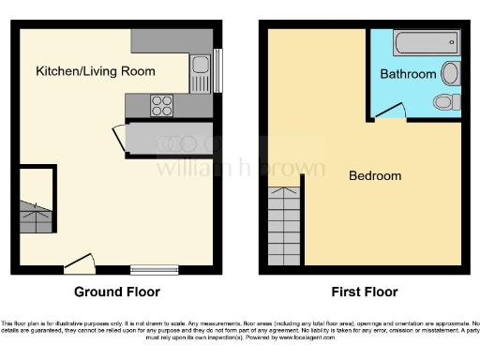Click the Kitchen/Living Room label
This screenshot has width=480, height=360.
(96, 71)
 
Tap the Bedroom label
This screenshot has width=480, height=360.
(375, 175)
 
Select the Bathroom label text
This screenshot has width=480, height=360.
(408, 74)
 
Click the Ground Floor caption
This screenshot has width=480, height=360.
(116, 292)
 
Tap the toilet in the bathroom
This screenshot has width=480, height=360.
(442, 100)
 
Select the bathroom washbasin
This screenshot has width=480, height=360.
(449, 73)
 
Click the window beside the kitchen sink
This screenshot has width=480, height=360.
(217, 71)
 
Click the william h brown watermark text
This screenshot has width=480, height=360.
(240, 169)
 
